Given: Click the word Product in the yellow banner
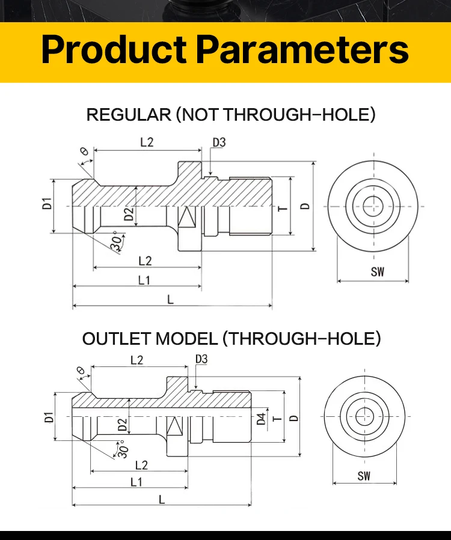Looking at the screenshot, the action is pyautogui.click(x=114, y=50).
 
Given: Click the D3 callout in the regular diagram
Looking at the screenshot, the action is pyautogui.click(x=219, y=142).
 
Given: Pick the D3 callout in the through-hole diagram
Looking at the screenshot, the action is pyautogui.click(x=201, y=359).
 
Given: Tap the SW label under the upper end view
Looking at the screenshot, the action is pyautogui.click(x=377, y=272).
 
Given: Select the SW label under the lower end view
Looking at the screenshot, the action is pyautogui.click(x=364, y=476).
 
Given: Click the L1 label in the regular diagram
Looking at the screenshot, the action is pyautogui.click(x=144, y=279).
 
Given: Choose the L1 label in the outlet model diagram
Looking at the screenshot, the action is pyautogui.click(x=137, y=482).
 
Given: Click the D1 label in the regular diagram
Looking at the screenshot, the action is pyautogui.click(x=48, y=204).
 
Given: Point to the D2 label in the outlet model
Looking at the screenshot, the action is pyautogui.click(x=123, y=425).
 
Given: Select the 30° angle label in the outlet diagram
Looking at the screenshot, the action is pyautogui.click(x=122, y=449).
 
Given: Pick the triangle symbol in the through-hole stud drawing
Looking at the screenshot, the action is pyautogui.click(x=175, y=426).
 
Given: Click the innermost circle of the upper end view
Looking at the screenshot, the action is pyautogui.click(x=373, y=206).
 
